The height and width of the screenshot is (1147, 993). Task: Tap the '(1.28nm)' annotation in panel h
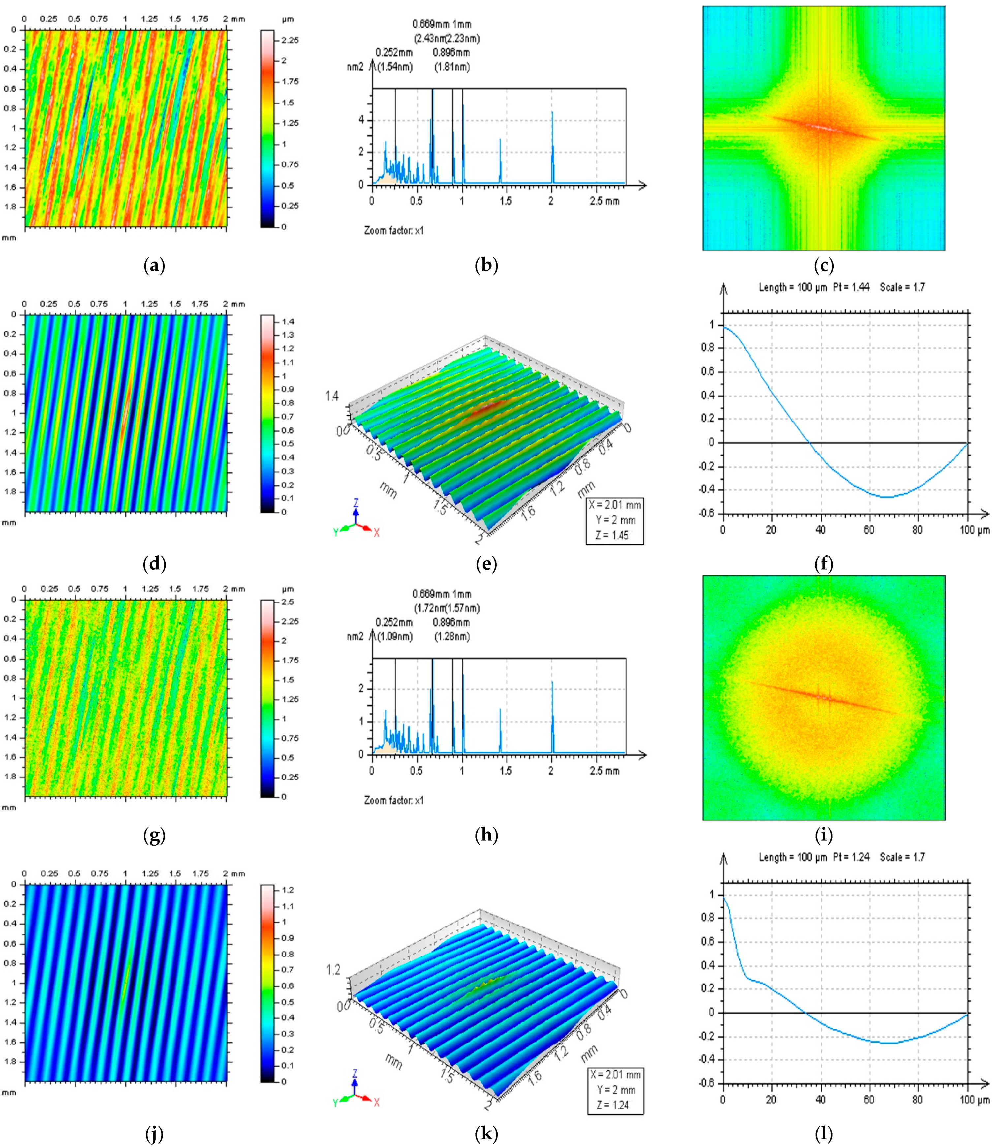pos(451,636)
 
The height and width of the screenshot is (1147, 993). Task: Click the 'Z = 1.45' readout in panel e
pos(614,535)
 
